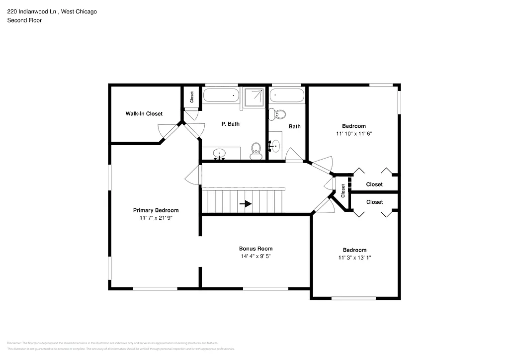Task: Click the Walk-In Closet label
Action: (144, 114)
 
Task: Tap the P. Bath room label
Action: (230, 124)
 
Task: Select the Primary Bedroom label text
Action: (156, 210)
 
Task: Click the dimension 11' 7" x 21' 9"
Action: (156, 218)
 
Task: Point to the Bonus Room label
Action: (255, 249)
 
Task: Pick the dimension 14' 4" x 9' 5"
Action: (255, 257)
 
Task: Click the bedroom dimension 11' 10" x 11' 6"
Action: (354, 134)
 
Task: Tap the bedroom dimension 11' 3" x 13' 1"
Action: (354, 258)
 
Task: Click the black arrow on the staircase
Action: (245, 204)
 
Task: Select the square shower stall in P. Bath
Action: (254, 97)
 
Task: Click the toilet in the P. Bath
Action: (256, 150)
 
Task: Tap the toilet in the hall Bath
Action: (278, 114)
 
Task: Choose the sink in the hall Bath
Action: (275, 146)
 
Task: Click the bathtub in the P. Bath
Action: (222, 96)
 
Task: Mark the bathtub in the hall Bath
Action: (287, 96)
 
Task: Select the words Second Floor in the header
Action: (24, 20)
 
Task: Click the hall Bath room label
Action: (295, 126)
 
